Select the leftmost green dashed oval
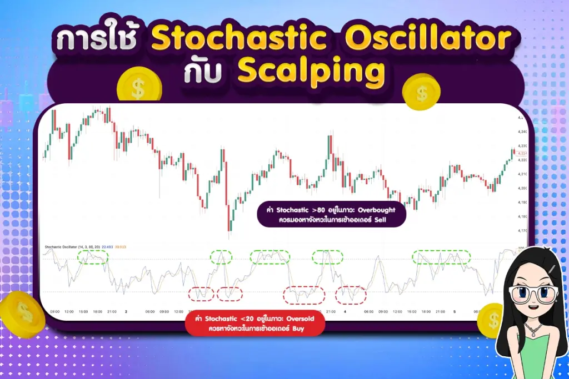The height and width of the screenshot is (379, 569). click(92, 256)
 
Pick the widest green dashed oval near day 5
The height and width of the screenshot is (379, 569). click(441, 256)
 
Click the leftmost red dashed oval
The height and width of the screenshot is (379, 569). click(201, 294)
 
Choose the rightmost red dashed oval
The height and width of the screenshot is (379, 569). click(351, 294)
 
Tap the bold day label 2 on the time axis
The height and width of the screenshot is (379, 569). click(126, 312)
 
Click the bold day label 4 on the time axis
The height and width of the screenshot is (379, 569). click(345, 312)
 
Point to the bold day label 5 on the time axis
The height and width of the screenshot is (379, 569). click(454, 312)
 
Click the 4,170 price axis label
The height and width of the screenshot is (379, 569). click(522, 230)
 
